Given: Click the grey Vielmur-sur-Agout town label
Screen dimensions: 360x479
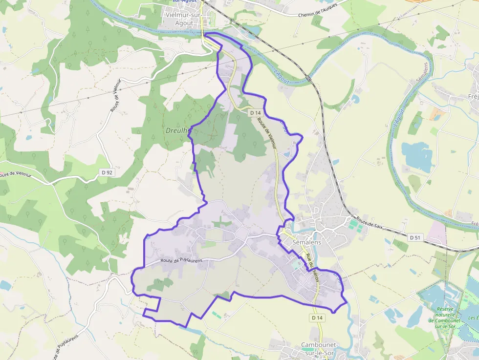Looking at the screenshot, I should click(x=186, y=19).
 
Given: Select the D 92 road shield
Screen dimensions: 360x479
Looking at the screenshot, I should click(x=106, y=172).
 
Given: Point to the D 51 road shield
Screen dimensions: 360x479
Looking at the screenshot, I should click(x=414, y=237).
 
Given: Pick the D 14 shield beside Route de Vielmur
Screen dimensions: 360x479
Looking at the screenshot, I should click(x=255, y=113).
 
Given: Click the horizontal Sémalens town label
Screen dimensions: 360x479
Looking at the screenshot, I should click(x=306, y=242).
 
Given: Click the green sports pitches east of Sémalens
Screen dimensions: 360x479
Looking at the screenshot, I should click(x=355, y=225).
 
